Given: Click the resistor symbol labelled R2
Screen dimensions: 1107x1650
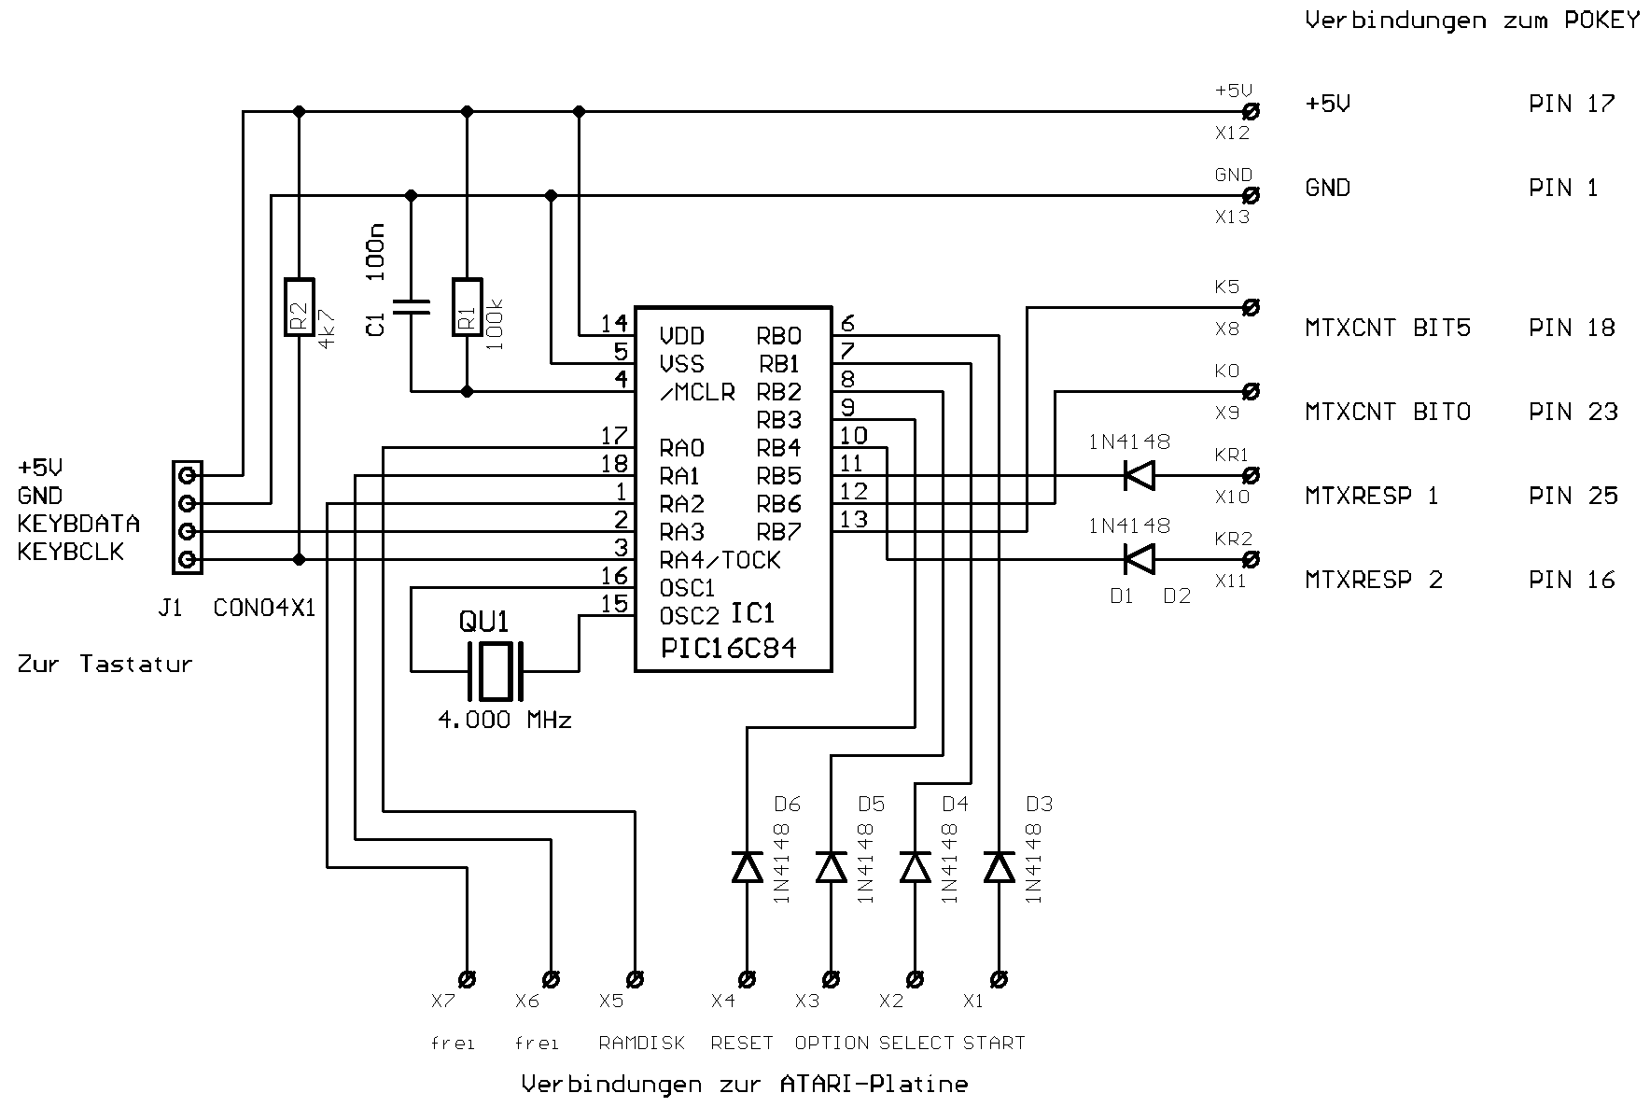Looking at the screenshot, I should [x=299, y=307].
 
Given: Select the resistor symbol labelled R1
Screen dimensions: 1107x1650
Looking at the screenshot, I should [x=467, y=307].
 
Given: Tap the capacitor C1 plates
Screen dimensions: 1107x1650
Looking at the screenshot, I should [x=411, y=307].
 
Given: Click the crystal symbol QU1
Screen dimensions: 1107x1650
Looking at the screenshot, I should [x=495, y=671].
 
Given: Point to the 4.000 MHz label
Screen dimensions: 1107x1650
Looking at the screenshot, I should [x=504, y=720].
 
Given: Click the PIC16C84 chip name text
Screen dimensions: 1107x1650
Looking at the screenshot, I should [x=728, y=649].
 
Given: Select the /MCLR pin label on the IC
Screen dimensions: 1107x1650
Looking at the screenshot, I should [x=696, y=392].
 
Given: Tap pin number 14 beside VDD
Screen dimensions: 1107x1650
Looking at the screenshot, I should [x=613, y=324].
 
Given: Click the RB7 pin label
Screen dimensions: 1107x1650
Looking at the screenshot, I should [x=778, y=532].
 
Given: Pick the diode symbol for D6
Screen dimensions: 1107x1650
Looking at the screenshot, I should [x=747, y=867].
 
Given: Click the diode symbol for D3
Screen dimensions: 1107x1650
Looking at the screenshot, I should [x=999, y=867].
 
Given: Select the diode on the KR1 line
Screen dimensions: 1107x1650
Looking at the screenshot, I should [x=1139, y=476].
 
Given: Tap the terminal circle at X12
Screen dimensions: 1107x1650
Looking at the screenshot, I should [x=1251, y=112].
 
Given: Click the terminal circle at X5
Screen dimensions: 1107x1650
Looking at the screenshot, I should [x=636, y=980].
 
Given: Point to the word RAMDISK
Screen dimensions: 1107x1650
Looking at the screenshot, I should [x=641, y=1043].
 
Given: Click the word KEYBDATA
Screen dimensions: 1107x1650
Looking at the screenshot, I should [x=78, y=524].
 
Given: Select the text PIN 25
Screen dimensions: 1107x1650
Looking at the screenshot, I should [x=1573, y=496].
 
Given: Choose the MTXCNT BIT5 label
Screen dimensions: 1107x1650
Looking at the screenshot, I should [x=1387, y=328].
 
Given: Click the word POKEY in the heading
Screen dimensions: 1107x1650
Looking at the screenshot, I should [x=1601, y=21].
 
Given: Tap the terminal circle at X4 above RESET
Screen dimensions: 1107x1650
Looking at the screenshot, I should [x=747, y=980].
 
